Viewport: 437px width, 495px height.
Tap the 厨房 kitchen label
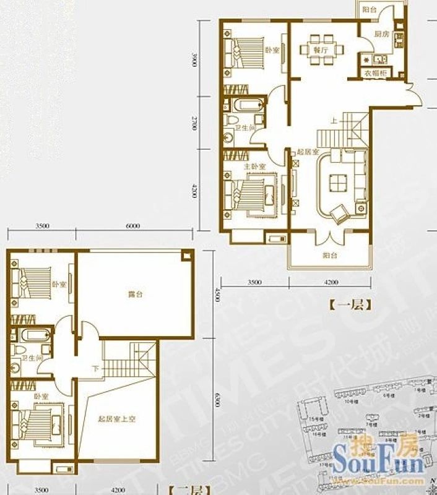tap(382, 35)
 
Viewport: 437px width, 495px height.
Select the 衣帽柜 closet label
tap(376, 74)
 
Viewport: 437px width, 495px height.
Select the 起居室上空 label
tap(116, 419)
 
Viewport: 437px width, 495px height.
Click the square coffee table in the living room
tap(338, 183)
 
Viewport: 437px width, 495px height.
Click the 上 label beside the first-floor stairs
tap(334, 121)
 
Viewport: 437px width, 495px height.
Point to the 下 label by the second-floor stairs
tap(95, 369)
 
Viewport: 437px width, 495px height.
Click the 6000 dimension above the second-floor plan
tap(132, 226)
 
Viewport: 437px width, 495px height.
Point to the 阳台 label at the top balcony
tap(370, 11)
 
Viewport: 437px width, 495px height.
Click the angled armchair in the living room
tap(340, 215)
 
